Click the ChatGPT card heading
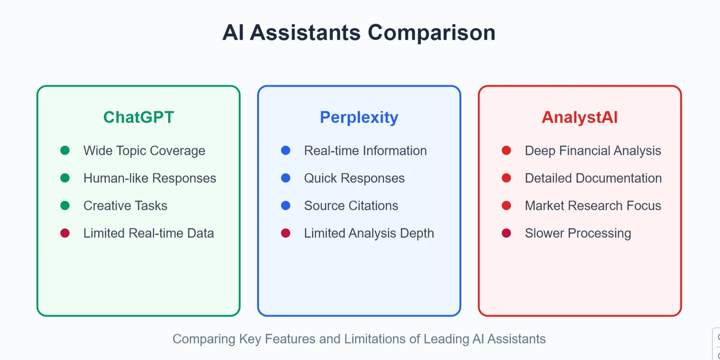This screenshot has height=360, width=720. [x=138, y=118]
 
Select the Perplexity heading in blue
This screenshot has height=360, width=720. [x=359, y=118]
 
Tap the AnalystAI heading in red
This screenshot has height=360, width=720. [x=579, y=118]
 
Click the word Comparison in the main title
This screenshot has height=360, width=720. [x=431, y=33]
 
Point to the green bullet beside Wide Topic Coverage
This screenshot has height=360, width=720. [x=65, y=151]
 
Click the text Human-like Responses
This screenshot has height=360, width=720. [x=150, y=178]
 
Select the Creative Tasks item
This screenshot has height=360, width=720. [x=125, y=206]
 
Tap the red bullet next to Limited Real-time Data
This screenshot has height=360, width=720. [x=65, y=233]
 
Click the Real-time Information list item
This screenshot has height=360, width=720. [x=365, y=151]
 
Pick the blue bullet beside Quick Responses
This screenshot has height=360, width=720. [x=286, y=178]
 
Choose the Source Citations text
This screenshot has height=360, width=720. [x=351, y=206]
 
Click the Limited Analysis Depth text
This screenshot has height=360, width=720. [x=369, y=233]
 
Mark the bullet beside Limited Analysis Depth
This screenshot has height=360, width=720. [x=286, y=233]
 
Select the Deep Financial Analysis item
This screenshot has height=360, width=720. [x=593, y=151]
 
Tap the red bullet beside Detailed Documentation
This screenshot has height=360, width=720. [x=506, y=178]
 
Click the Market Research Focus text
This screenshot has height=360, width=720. [x=593, y=206]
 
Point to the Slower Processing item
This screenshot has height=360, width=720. [x=578, y=233]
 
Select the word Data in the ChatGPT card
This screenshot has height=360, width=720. [x=200, y=233]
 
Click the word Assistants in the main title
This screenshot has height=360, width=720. [x=305, y=33]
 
